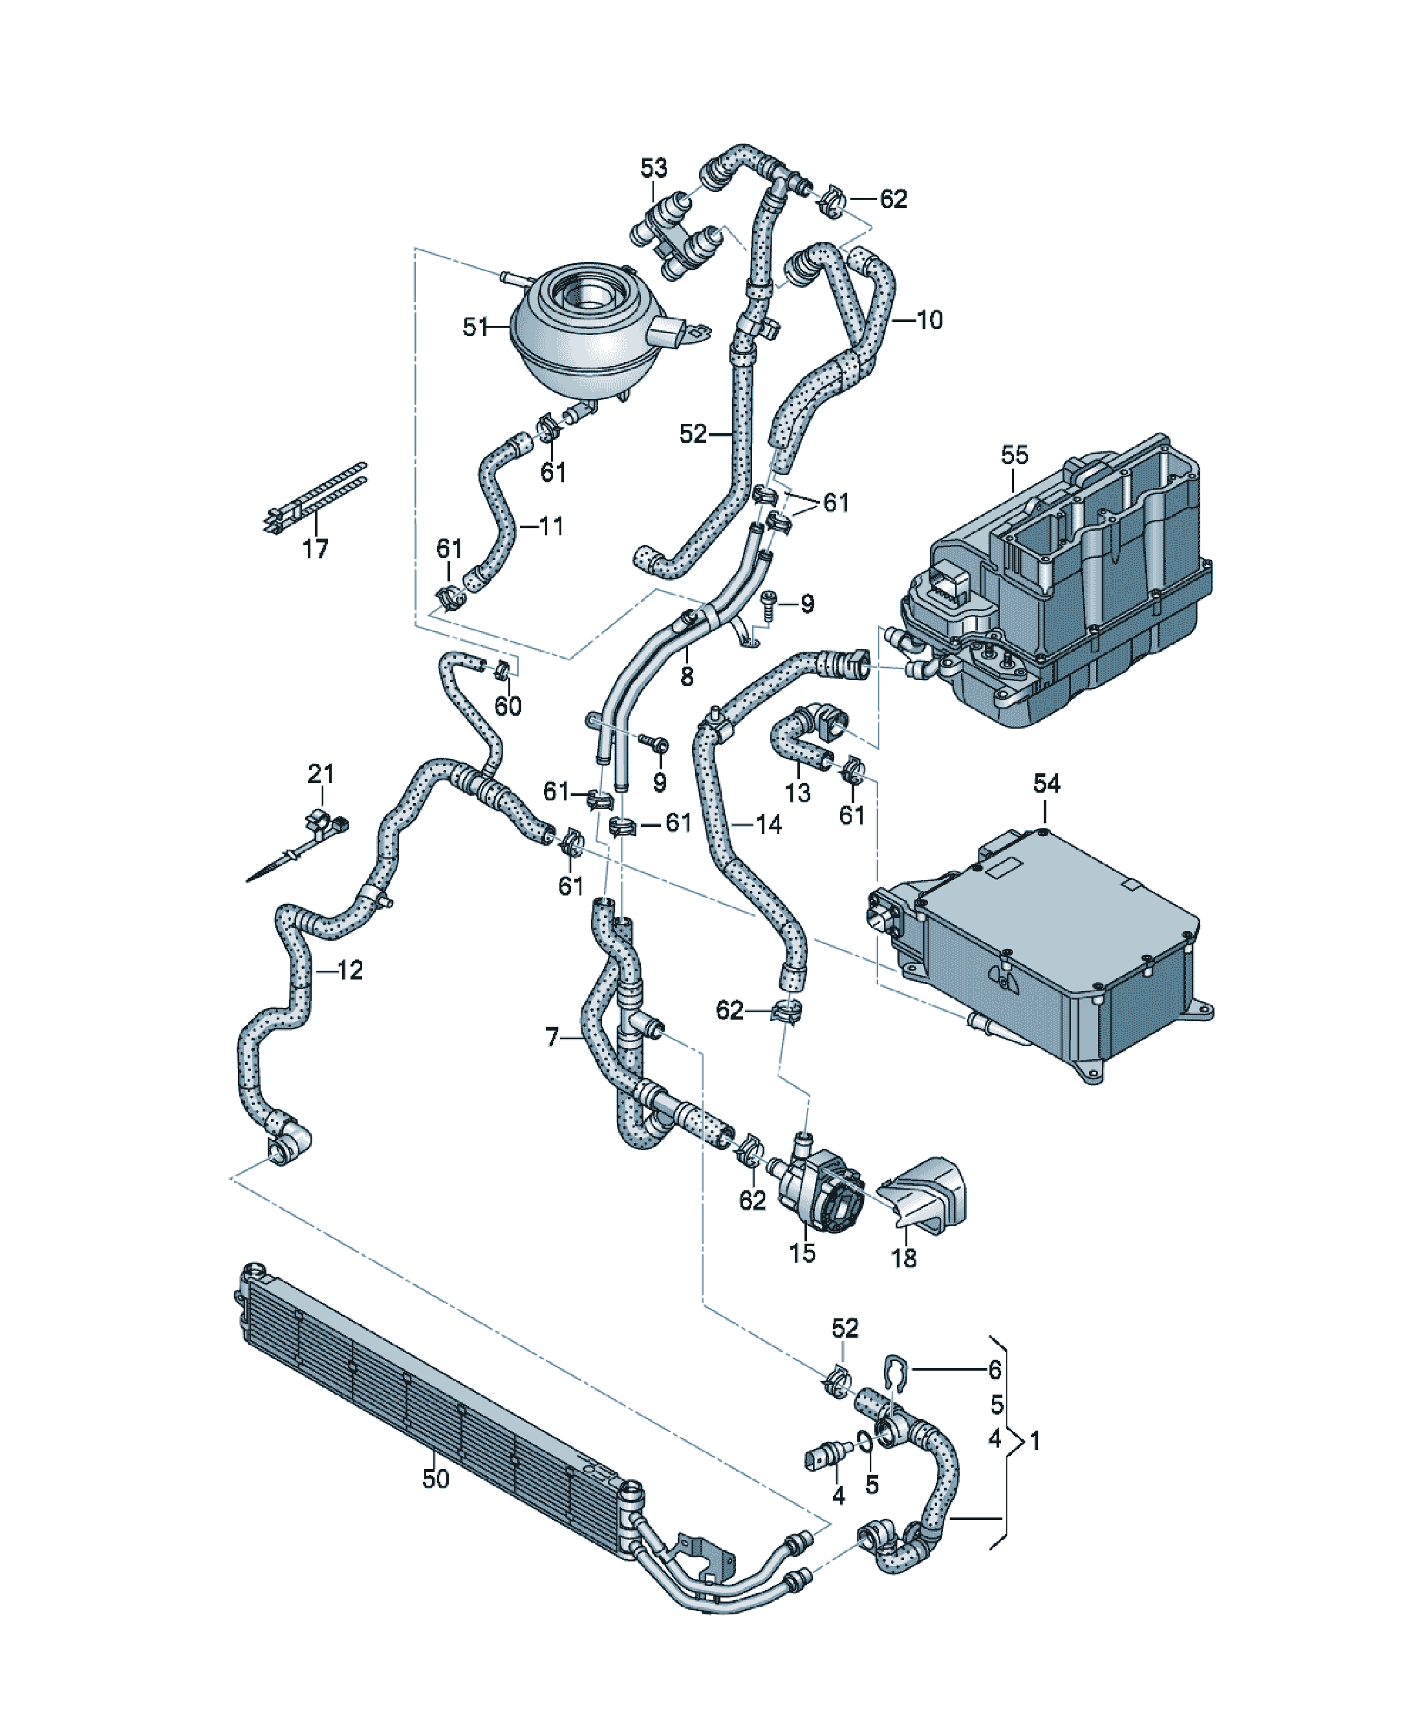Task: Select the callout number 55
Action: click(x=1014, y=455)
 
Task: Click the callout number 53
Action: click(x=653, y=168)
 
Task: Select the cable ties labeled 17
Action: click(x=314, y=498)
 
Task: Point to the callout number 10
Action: click(x=929, y=320)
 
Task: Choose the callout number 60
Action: click(x=508, y=706)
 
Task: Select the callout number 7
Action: click(x=552, y=1037)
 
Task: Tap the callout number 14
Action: click(x=768, y=824)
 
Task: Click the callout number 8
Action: click(x=687, y=677)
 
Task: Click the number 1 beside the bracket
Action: click(x=1035, y=1441)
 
